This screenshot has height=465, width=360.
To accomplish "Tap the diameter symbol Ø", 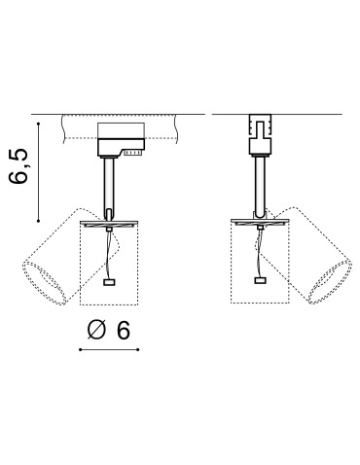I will coord(93,330).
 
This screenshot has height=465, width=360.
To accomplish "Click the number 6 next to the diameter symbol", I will coord(122,330).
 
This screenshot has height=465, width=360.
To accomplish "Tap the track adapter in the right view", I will coord(258,136).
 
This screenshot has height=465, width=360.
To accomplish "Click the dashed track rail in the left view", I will coord(78,127).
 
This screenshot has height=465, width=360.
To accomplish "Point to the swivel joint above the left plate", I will coord(110,214).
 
